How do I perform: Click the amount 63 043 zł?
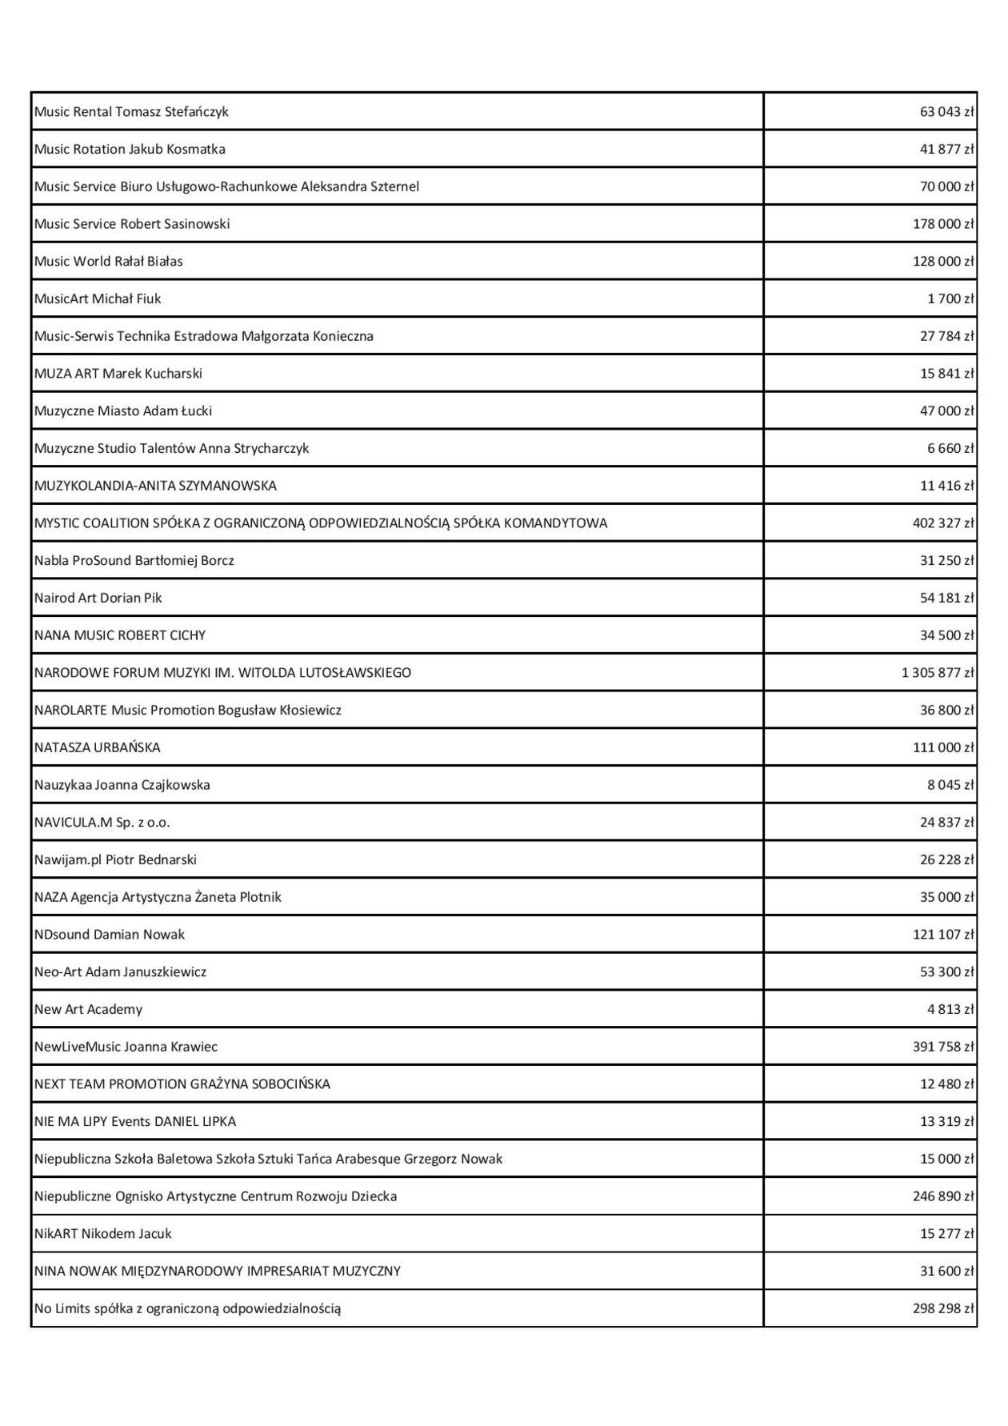click(946, 112)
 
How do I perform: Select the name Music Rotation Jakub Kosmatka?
click(130, 150)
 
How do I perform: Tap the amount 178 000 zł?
click(943, 224)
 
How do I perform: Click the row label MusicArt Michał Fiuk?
click(98, 299)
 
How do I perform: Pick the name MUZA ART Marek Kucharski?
click(118, 374)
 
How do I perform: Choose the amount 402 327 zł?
click(943, 523)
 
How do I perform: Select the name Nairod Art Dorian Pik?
click(98, 599)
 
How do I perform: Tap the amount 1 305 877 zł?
click(938, 673)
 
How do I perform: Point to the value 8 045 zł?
click(950, 785)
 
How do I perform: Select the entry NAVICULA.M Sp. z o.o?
click(102, 823)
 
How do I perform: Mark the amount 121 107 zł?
click(943, 935)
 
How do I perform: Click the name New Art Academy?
click(88, 1010)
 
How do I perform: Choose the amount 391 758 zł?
click(943, 1047)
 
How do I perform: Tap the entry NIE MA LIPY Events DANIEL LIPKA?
click(135, 1122)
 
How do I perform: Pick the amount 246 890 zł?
click(943, 1196)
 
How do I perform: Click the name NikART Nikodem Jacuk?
click(102, 1234)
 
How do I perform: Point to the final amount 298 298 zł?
click(943, 1309)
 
